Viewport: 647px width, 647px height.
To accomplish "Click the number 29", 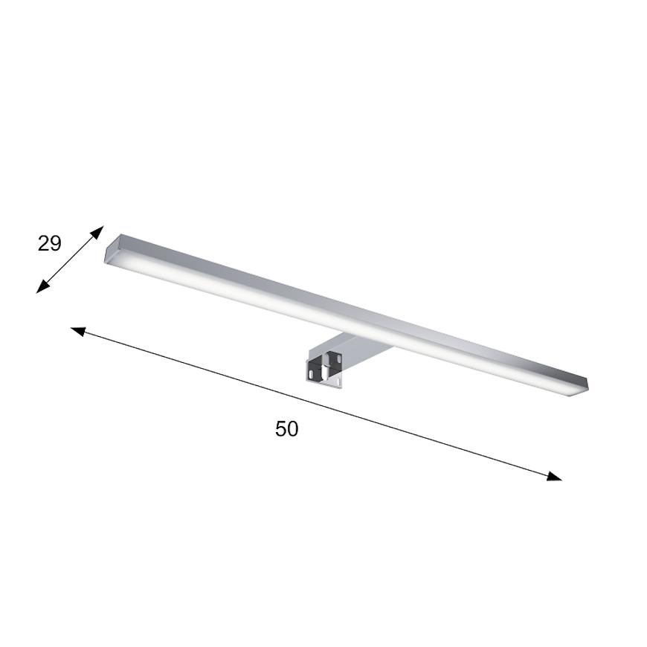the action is (50, 243).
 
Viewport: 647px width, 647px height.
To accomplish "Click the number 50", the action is (287, 429).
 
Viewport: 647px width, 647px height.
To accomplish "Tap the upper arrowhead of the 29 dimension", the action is (97, 231).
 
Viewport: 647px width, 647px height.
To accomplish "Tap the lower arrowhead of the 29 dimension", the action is (42, 287).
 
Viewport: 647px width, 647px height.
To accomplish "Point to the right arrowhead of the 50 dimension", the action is (554, 476).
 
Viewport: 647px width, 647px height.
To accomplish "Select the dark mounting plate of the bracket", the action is (324, 367).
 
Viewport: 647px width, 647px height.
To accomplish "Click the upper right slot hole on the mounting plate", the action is (338, 359).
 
